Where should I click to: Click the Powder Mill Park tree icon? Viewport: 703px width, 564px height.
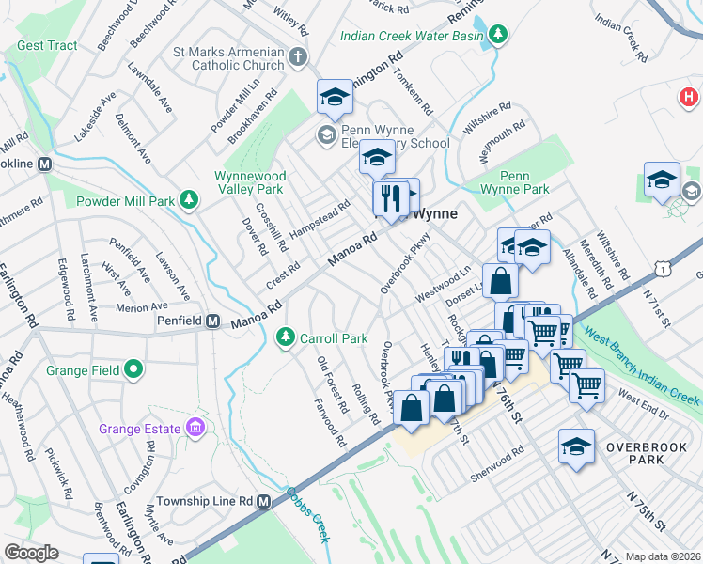(189, 200)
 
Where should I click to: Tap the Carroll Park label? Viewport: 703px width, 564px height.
(324, 337)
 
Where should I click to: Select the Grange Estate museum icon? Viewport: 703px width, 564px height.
(195, 429)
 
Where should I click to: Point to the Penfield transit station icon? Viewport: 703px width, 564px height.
(213, 321)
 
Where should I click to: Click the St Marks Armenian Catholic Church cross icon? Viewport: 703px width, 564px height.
(297, 57)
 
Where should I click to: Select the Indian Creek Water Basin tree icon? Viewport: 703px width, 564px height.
(498, 37)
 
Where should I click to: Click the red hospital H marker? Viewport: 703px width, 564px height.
(689, 97)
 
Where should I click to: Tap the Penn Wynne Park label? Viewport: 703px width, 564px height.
(523, 182)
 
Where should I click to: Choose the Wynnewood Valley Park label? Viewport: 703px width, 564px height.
(249, 182)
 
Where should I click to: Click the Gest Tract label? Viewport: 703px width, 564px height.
(46, 45)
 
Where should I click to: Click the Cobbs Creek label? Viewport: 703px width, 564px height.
(307, 514)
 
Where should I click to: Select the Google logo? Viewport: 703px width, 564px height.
(31, 553)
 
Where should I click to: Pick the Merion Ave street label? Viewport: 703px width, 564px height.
(141, 306)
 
